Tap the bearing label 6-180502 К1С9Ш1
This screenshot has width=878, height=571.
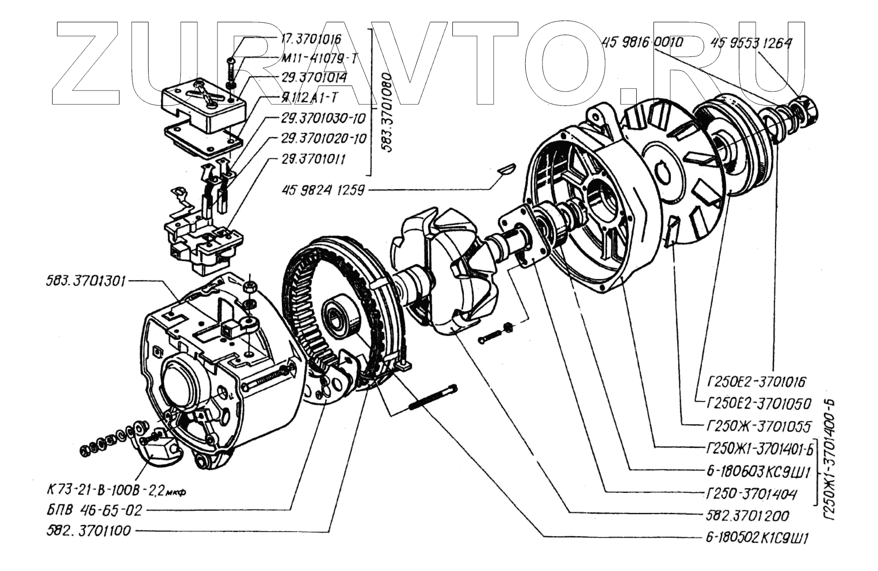pos(757,538)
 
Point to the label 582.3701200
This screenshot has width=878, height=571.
pos(747,516)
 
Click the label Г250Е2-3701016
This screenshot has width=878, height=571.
pos(757,382)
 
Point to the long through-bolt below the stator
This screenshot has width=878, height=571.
pos(433,398)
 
